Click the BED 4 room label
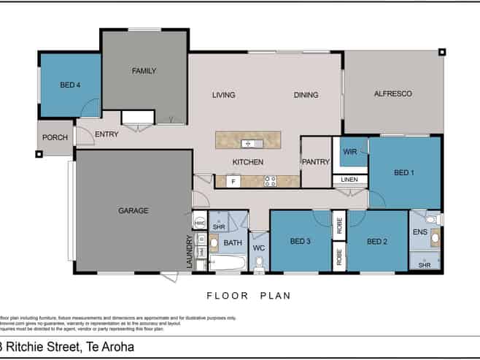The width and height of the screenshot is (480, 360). coord(69,85)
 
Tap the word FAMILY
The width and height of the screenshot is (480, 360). coord(144,71)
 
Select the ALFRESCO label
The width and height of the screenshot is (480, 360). coord(393,93)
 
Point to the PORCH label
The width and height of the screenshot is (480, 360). coord(55,137)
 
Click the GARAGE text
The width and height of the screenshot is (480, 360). coord(133,210)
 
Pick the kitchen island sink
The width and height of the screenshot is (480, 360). coord(248,142)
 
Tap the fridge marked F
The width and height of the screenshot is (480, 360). coord(233,181)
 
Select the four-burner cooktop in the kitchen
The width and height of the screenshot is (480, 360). coord(270,181)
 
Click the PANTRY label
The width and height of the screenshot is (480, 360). coord(316,162)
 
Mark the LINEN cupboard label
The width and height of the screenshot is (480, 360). coord(350,180)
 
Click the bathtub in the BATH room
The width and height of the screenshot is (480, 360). coord(228,263)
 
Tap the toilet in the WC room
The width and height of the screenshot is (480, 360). coord(259,267)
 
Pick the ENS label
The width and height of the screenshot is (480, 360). coord(419,232)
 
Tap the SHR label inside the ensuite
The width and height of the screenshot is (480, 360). coord(424,265)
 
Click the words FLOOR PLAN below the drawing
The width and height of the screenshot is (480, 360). coord(248,296)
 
